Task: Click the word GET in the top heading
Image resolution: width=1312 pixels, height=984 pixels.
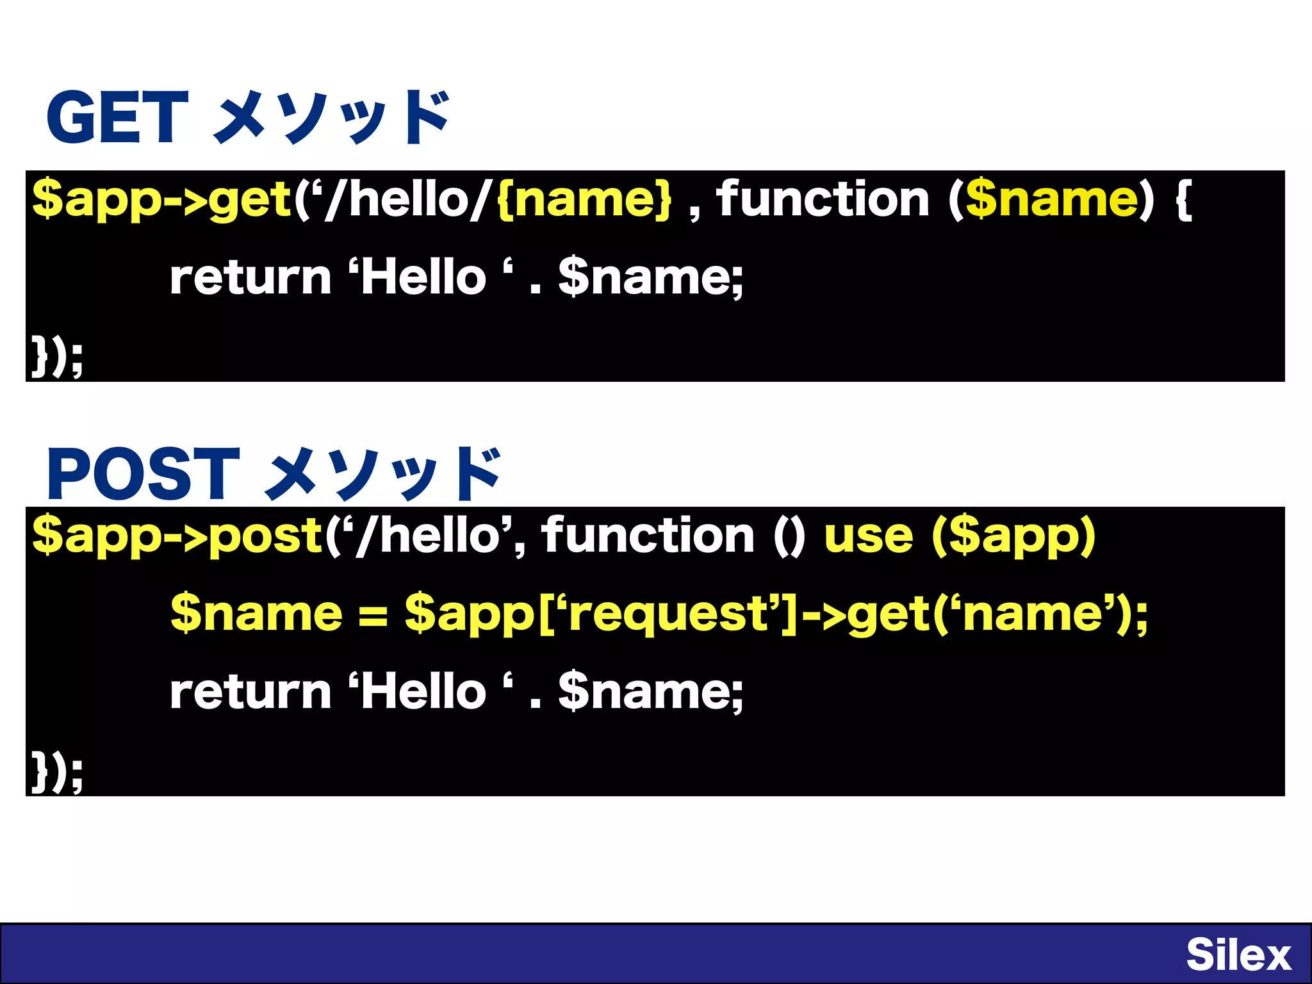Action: pyautogui.click(x=117, y=117)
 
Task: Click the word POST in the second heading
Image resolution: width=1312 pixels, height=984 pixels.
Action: pyautogui.click(x=143, y=473)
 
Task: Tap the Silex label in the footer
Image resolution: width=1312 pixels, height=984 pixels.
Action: pyautogui.click(x=1238, y=955)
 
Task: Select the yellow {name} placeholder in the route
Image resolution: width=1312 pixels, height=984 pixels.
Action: pyautogui.click(x=584, y=200)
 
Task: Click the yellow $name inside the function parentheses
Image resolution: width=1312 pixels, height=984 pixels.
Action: pyautogui.click(x=1051, y=200)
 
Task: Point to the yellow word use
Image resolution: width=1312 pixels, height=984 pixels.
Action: pyautogui.click(x=868, y=536)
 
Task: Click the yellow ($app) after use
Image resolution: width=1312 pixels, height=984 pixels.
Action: pyautogui.click(x=1014, y=536)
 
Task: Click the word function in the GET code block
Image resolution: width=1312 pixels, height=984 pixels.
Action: pyautogui.click(x=822, y=200)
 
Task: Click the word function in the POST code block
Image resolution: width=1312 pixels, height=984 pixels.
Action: pyautogui.click(x=648, y=536)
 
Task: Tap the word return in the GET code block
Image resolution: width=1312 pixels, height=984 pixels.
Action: pyautogui.click(x=250, y=278)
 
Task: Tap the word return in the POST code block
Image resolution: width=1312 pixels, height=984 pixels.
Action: pyautogui.click(x=250, y=693)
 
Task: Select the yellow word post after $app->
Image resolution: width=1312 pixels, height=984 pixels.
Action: pyautogui.click(x=265, y=536)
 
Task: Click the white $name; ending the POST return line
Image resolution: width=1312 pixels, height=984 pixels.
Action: pyautogui.click(x=650, y=693)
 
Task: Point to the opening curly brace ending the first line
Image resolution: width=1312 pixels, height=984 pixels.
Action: pyautogui.click(x=1184, y=200)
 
